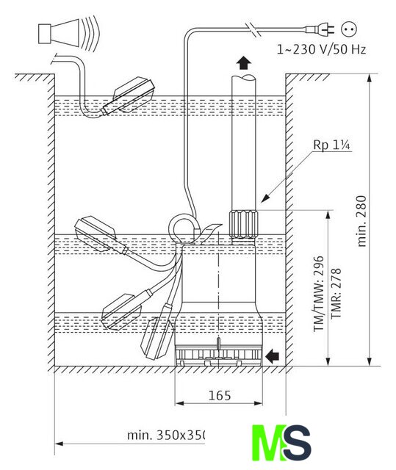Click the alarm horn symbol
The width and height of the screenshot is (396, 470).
point(68,33)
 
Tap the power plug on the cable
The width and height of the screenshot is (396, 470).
point(320,29)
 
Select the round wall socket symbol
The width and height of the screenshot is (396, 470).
point(349,29)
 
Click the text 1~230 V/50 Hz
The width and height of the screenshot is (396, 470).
point(321,49)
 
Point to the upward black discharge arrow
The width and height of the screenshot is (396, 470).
point(244,63)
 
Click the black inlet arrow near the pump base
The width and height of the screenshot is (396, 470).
point(272,355)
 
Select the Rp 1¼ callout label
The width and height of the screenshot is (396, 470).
point(331,145)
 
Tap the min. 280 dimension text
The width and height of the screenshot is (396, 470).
point(361,221)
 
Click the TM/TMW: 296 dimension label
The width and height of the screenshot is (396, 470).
point(319,294)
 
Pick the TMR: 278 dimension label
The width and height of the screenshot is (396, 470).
point(336,294)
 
